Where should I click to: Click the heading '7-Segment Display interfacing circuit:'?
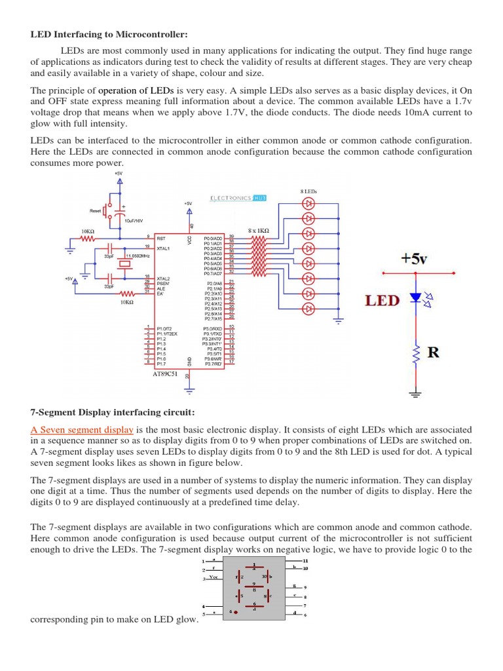113,412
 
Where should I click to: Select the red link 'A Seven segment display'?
82,430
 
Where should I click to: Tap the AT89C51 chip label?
165,374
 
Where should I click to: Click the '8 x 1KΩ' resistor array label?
260,230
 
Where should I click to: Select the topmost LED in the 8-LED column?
308,203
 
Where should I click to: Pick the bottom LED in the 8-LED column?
308,308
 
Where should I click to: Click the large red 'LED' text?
381,301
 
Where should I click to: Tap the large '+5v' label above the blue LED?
415,259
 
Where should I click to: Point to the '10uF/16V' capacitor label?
134,221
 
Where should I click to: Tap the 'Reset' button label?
96,211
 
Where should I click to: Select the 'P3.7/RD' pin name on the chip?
213,362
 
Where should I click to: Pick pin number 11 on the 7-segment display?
305,562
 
